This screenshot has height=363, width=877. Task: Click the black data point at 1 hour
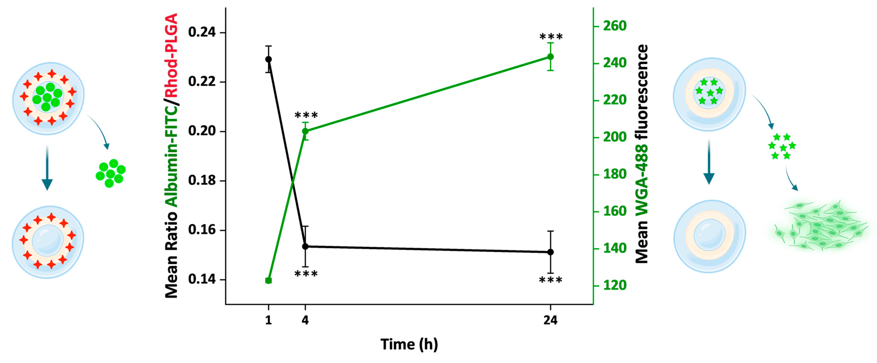click(268, 59)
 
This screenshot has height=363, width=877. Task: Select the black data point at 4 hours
click(305, 246)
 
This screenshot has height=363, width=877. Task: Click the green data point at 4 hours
click(305, 131)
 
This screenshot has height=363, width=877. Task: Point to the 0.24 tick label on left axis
click(202, 32)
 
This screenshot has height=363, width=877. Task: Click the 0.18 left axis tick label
click(202, 181)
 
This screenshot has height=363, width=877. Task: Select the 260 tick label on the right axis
click(615, 26)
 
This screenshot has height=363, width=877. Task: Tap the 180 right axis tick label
click(615, 174)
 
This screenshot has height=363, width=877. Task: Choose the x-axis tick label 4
click(305, 320)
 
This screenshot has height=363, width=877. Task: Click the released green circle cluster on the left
click(110, 174)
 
